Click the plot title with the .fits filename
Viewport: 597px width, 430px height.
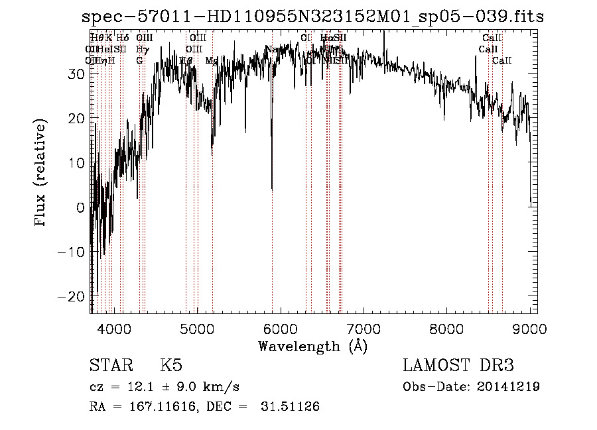pyautogui.click(x=312, y=17)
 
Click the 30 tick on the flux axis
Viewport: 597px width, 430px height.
pyautogui.click(x=77, y=74)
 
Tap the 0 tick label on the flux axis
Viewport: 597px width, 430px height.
pyautogui.click(x=81, y=207)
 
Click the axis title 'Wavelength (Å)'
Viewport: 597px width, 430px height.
pyautogui.click(x=312, y=346)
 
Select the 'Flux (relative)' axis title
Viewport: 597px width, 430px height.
pyautogui.click(x=42, y=174)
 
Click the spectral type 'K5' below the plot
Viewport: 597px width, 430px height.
pyautogui.click(x=171, y=365)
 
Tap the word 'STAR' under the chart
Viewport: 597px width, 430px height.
pyautogui.click(x=111, y=365)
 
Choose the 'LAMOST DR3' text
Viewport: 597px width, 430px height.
pyautogui.click(x=458, y=365)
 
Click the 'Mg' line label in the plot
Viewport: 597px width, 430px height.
pyautogui.click(x=212, y=60)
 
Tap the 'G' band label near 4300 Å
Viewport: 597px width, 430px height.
pyautogui.click(x=139, y=60)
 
